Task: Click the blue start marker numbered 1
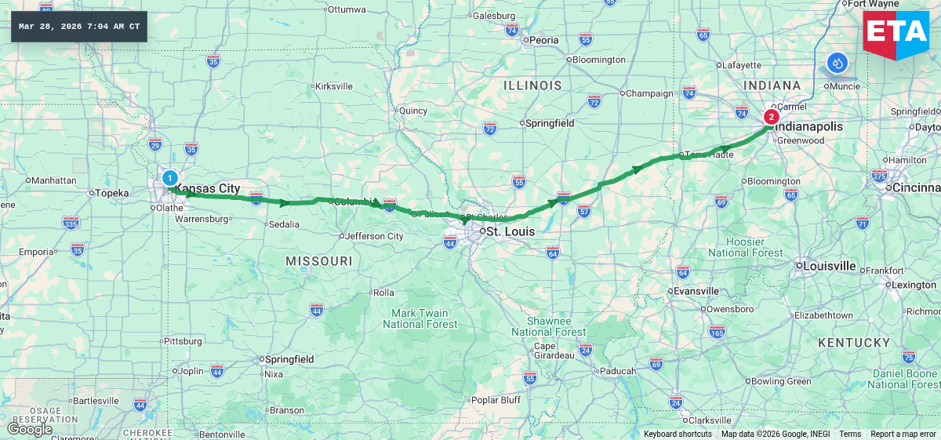point(169,178)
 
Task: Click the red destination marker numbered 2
point(771,118)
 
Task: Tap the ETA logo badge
point(896,34)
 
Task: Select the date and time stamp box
point(79,27)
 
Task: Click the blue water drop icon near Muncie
point(837,63)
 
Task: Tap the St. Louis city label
point(510,232)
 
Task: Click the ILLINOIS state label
point(532,85)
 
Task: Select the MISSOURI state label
point(318,260)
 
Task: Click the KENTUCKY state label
point(854,343)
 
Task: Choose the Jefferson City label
point(375,236)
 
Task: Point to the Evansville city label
point(696,291)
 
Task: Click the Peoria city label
point(543,40)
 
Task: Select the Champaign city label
point(650,93)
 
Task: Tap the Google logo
point(30,429)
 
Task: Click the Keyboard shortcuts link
point(678,435)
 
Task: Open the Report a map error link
point(903,435)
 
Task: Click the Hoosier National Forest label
point(745,247)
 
